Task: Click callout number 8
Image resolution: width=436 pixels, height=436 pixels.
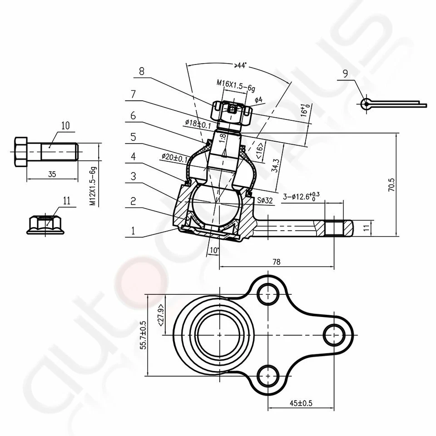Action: coord(142,71)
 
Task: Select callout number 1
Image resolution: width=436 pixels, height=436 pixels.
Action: coord(133,231)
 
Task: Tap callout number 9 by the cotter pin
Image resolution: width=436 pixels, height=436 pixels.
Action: coord(346,72)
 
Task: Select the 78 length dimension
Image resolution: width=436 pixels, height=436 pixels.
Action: coord(276,262)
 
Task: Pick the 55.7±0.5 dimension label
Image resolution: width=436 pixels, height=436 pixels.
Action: coord(143,335)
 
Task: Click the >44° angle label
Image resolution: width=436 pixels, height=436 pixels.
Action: coord(240,65)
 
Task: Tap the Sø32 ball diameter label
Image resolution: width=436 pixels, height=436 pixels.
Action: coord(265,200)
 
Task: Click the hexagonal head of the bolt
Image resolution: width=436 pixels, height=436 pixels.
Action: coord(21,152)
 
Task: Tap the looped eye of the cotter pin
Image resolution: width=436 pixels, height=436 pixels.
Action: coord(366,104)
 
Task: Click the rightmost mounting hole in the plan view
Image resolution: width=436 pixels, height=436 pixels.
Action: coord(334,334)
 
